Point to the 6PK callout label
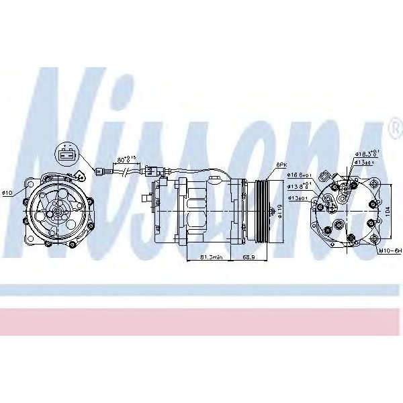click(x=281, y=165)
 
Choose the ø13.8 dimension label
click(x=299, y=187)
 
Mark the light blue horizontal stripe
click(x=201, y=289)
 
